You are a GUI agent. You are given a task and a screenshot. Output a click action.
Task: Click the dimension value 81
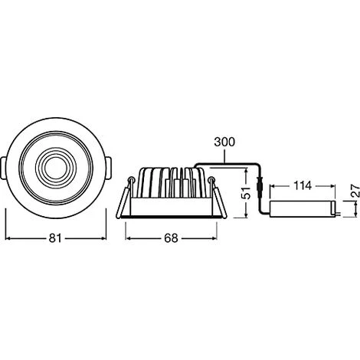click(x=55, y=238)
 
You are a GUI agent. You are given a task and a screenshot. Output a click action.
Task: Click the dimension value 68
click(x=171, y=238)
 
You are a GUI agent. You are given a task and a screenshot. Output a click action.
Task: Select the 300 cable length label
click(x=224, y=142)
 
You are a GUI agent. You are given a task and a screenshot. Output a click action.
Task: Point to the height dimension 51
click(x=246, y=193)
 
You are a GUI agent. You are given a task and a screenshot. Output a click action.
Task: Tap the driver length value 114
click(x=303, y=186)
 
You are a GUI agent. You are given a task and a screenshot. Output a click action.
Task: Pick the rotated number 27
click(x=355, y=191)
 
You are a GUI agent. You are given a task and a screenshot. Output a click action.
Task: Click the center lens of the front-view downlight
click(x=55, y=167)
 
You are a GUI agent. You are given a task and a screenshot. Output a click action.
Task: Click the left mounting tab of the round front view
click(x=3, y=168)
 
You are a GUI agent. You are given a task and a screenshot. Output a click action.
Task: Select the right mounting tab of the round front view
click(x=108, y=168)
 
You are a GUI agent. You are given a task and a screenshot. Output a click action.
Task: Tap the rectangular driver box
click(x=303, y=209)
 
